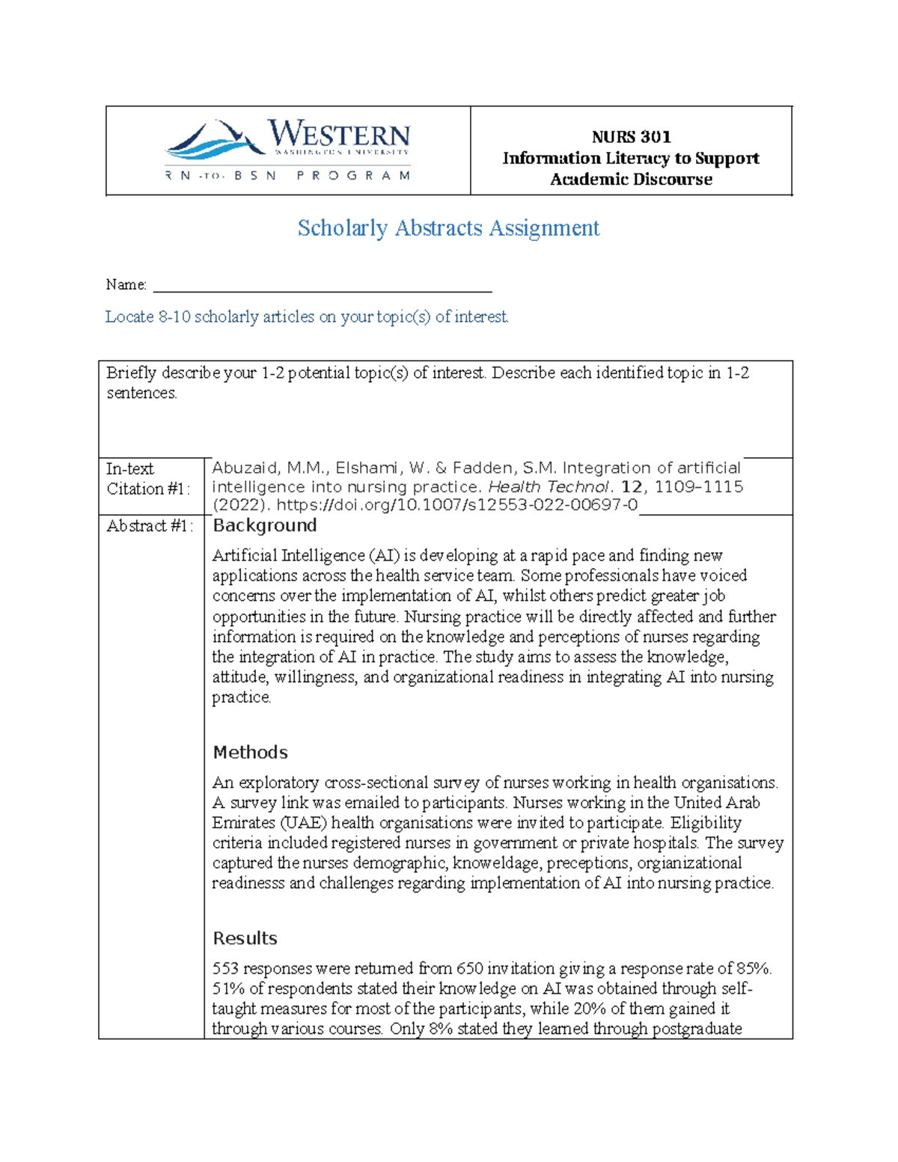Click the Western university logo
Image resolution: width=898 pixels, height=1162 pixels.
[288, 150]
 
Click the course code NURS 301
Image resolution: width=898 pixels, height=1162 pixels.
[631, 137]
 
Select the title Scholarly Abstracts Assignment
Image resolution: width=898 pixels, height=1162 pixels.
[448, 228]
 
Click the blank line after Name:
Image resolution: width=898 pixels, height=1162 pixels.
[322, 285]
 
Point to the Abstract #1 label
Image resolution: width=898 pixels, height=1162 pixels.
[149, 526]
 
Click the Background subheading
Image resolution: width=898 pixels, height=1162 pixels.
[264, 525]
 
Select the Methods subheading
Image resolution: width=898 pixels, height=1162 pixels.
[250, 752]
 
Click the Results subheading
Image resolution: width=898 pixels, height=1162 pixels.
[245, 938]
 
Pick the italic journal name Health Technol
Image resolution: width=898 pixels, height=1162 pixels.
[547, 487]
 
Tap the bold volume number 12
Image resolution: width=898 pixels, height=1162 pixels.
[632, 487]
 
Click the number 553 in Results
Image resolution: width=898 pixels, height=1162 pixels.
[225, 969]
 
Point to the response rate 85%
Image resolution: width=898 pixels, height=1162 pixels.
[752, 969]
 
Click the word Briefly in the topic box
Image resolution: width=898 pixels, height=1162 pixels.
[131, 373]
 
